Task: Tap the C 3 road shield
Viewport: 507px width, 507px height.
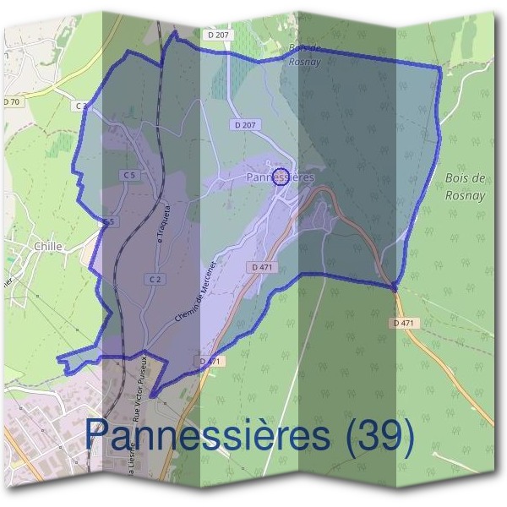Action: click(81, 106)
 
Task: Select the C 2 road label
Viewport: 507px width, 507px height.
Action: click(155, 279)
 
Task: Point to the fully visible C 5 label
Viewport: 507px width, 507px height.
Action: click(128, 175)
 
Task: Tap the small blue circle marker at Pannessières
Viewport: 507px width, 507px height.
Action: click(282, 176)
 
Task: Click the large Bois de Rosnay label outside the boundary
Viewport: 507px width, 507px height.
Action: click(465, 185)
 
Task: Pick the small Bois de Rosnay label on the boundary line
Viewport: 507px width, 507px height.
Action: click(303, 54)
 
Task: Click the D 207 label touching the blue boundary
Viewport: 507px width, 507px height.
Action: click(217, 35)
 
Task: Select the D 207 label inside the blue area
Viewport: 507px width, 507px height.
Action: click(246, 124)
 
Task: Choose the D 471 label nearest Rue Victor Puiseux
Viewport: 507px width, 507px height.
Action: click(211, 361)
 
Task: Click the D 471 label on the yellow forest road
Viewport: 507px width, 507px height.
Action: click(406, 323)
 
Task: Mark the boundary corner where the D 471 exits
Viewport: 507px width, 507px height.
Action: click(395, 288)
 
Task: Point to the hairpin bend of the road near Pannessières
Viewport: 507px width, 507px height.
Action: click(324, 195)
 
